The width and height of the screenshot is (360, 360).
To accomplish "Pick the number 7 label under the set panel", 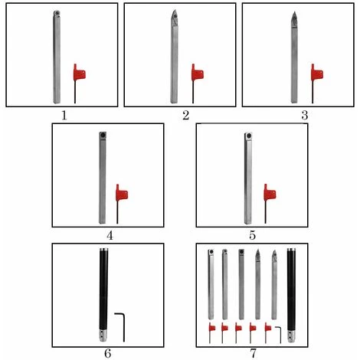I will (x=252, y=353).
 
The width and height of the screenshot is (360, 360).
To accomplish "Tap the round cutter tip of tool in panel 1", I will (x=57, y=13).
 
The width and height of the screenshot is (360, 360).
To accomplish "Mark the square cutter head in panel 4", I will (x=103, y=135).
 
